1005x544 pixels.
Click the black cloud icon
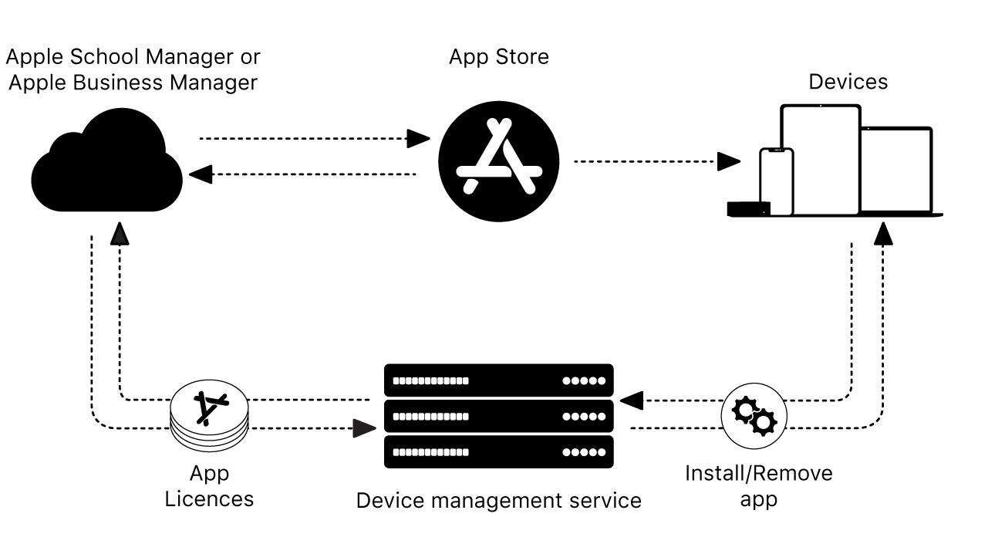(107, 166)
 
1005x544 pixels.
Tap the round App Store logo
(499, 162)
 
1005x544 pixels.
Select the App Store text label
(499, 57)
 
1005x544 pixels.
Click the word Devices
(848, 82)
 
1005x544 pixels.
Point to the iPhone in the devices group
(776, 181)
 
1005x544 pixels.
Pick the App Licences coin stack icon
(210, 417)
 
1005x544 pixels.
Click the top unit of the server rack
(499, 380)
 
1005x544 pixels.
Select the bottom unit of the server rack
(499, 452)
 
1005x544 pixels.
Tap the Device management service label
(498, 501)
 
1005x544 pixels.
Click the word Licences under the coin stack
(209, 499)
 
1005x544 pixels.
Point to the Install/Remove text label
(759, 472)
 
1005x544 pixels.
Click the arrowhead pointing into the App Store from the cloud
(419, 139)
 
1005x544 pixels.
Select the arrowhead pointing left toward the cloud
(201, 175)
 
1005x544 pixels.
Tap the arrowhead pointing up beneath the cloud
(119, 232)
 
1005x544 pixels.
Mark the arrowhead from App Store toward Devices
(729, 162)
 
